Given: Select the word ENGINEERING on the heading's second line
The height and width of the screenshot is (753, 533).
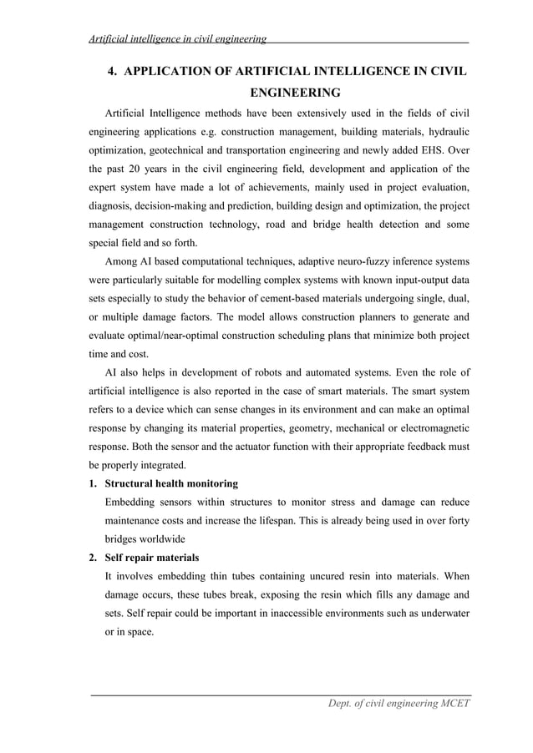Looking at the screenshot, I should point(296,92).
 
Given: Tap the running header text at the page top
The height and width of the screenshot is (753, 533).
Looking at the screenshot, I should point(178,38).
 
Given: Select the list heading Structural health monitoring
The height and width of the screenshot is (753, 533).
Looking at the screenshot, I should point(171,483).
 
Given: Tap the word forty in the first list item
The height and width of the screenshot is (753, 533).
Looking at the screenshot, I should point(457,520).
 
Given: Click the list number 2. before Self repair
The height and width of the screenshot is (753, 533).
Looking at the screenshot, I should point(94,557).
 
